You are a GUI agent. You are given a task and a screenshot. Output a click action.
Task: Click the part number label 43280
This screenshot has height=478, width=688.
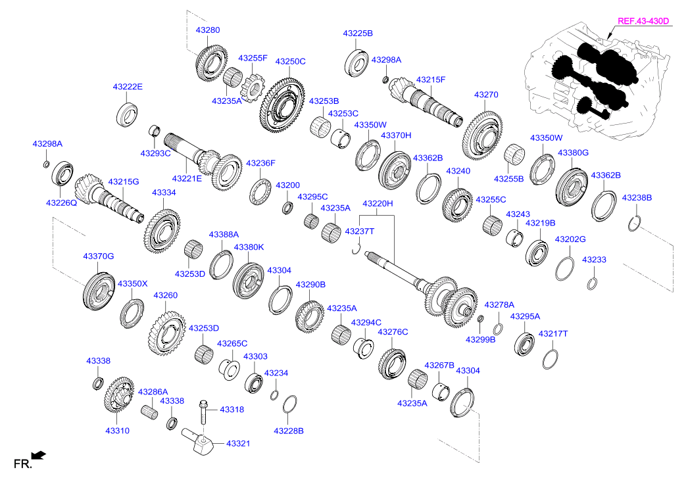(x=208, y=30)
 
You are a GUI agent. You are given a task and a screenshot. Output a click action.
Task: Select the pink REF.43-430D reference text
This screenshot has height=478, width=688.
(x=643, y=21)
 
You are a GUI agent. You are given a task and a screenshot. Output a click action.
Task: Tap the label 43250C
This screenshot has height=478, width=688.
(x=290, y=61)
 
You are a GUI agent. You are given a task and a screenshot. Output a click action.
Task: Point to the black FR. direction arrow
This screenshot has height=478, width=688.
(x=39, y=456)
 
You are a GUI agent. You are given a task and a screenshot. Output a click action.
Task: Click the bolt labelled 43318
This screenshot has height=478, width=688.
(x=203, y=412)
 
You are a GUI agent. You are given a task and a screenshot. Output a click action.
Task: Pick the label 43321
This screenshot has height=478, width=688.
(x=238, y=443)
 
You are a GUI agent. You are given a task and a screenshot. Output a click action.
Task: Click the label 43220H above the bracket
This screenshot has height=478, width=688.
(x=378, y=203)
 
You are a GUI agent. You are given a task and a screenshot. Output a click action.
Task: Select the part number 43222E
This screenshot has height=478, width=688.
(x=128, y=87)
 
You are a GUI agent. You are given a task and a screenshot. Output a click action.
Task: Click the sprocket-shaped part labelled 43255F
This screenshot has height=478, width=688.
(x=251, y=88)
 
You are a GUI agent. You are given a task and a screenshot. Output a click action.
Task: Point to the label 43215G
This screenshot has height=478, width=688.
(x=123, y=181)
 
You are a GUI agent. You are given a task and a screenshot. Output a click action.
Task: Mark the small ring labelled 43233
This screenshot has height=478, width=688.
(x=592, y=284)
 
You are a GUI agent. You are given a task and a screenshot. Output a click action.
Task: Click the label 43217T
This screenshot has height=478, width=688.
(x=553, y=334)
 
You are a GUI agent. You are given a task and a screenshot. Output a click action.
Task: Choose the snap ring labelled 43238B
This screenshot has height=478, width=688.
(x=633, y=224)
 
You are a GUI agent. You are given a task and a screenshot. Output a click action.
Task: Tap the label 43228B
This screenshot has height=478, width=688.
(x=289, y=431)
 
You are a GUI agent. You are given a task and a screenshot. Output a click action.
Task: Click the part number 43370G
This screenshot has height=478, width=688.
(x=98, y=256)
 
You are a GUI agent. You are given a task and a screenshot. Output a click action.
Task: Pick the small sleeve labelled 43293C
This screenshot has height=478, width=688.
(x=155, y=131)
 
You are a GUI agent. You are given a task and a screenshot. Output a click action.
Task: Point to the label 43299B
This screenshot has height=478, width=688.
(x=480, y=339)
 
